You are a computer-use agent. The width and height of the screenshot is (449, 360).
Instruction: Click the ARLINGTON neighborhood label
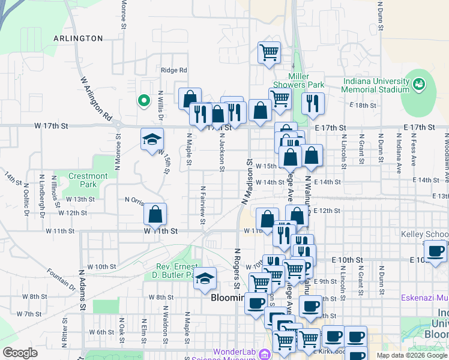pyautogui.click(x=78, y=38)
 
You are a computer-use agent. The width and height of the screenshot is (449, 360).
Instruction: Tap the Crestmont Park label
pyautogui.click(x=88, y=180)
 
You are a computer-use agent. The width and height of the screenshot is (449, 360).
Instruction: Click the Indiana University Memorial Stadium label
pyautogui.click(x=375, y=85)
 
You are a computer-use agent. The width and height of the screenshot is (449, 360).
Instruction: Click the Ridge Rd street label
pyautogui.click(x=174, y=70)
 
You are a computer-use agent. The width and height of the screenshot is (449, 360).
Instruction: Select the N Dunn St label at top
pyautogui.click(x=380, y=12)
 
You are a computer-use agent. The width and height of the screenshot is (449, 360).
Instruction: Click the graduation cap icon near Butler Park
pyautogui.click(x=205, y=278)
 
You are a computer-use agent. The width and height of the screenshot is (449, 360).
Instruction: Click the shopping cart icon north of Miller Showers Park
pyautogui.click(x=269, y=52)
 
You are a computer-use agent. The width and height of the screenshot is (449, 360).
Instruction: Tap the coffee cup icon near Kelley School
pyautogui.click(x=435, y=250)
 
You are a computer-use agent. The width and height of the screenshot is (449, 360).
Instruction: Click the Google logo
pyautogui.click(x=20, y=353)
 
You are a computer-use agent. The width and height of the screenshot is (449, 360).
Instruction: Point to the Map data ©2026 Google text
pyautogui.click(x=412, y=355)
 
